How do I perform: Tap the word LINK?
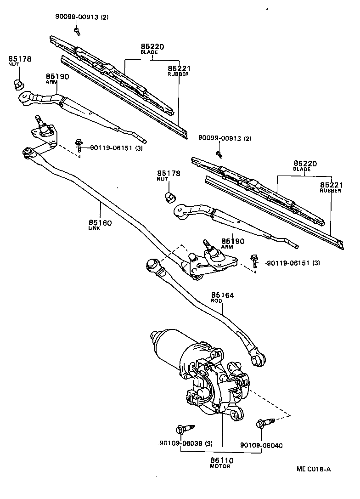point(94,228)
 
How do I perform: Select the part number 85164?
point(223,295)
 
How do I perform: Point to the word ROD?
point(216,301)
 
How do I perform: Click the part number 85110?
point(222,460)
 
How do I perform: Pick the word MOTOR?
point(220,466)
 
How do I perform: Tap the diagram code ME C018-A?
point(313,469)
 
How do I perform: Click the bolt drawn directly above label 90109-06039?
point(181,430)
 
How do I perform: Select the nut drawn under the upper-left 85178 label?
point(19,85)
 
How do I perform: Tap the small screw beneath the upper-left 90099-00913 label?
point(77,31)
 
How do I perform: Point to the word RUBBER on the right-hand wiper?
point(330,191)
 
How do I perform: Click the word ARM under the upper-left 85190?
point(50,81)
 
